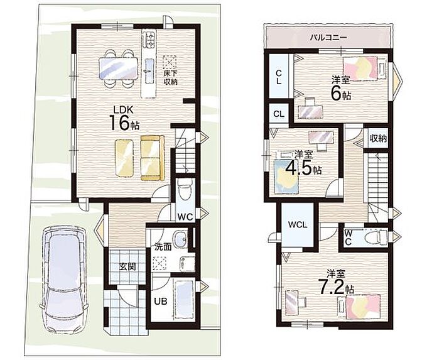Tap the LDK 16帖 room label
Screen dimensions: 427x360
coord(124,119)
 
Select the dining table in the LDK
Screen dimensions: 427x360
coord(119,68)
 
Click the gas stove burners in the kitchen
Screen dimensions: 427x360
coord(149,39)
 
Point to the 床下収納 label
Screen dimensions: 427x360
coord(170,77)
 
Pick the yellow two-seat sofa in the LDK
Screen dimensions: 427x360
coord(153,158)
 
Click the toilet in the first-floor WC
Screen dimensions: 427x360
coord(185,192)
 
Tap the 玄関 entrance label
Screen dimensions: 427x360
coord(127,266)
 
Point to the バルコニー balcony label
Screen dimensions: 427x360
coord(328,37)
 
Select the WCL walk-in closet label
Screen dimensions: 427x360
coord(298,225)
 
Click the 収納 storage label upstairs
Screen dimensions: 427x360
coord(378,138)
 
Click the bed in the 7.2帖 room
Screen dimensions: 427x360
coord(359,306)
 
